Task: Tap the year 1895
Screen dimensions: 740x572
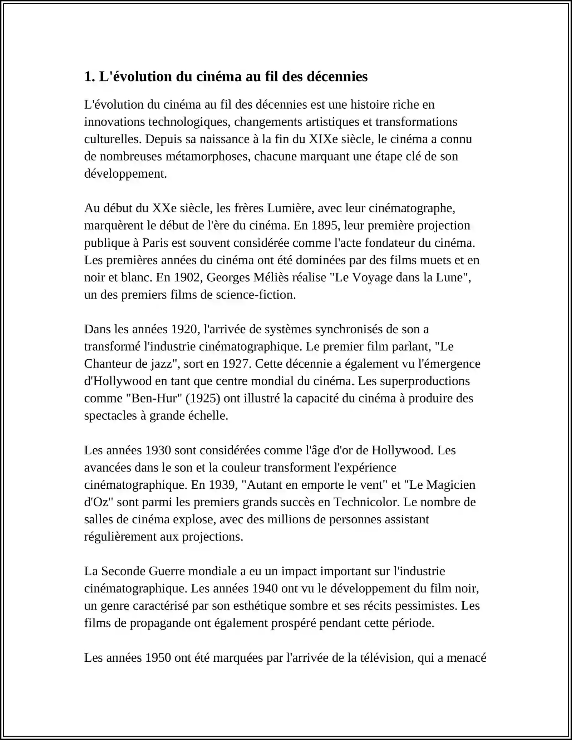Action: coord(325,225)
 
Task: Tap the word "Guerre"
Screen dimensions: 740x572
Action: coord(167,571)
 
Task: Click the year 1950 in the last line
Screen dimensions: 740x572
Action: coord(158,658)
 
